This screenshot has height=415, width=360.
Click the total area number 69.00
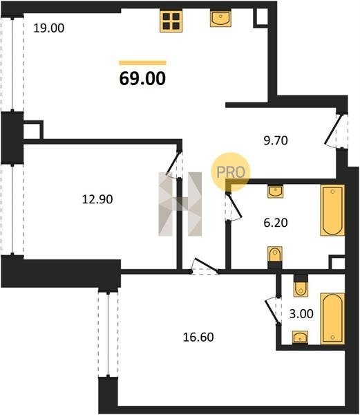[142, 78]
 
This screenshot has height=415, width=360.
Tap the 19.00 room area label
[49, 28]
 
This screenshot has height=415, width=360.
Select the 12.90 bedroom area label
[97, 199]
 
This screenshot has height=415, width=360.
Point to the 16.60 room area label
[198, 338]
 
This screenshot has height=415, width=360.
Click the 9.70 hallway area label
[276, 140]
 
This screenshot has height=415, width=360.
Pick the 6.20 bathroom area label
[276, 223]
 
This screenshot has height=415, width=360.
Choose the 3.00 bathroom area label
[301, 313]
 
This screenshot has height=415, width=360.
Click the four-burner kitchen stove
[171, 21]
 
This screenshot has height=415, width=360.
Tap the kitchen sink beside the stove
[220, 18]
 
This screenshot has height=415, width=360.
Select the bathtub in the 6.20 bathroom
[332, 210]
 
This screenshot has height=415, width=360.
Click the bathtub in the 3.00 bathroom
[332, 319]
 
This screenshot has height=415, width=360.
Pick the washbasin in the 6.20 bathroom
[276, 191]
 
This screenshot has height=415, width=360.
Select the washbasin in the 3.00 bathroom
[301, 338]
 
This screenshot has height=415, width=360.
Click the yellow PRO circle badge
[230, 172]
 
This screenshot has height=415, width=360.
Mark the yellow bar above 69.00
[143, 63]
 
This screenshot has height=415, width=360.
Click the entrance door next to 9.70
[336, 131]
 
